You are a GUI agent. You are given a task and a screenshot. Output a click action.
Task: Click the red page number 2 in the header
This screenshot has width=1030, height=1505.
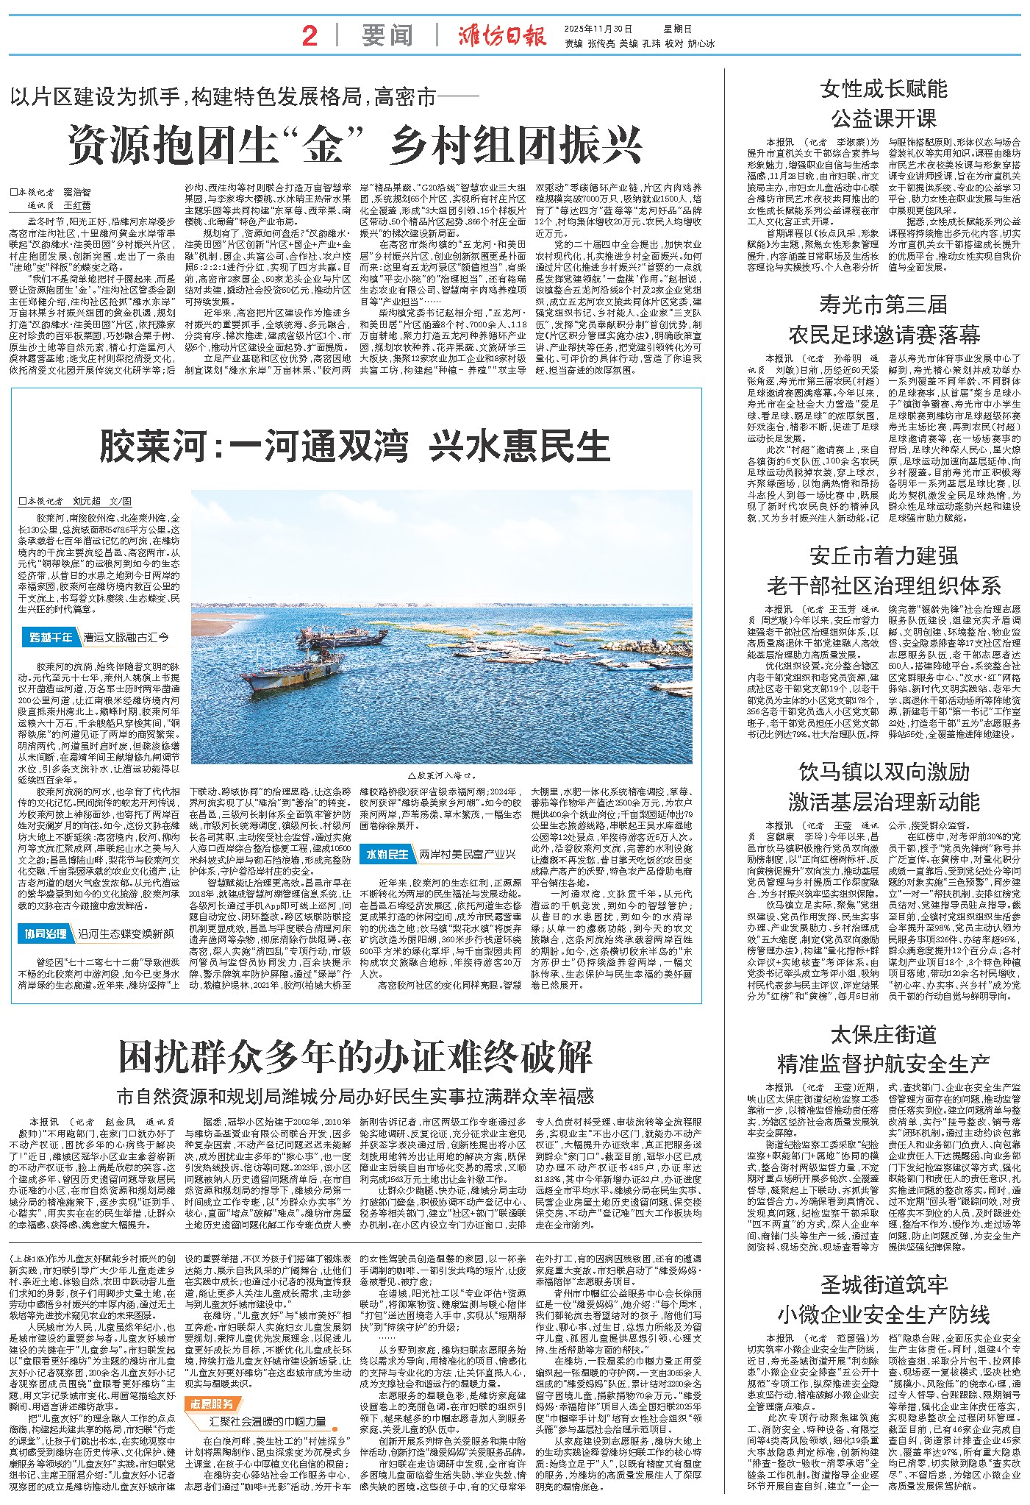[x=310, y=35]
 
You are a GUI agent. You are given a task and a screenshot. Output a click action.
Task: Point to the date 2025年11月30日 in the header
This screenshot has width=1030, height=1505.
[x=607, y=29]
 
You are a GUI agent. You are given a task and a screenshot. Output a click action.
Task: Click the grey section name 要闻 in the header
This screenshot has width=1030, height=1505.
[x=387, y=35]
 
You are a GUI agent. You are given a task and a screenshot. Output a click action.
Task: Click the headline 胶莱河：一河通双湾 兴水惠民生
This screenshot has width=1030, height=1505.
[x=355, y=444]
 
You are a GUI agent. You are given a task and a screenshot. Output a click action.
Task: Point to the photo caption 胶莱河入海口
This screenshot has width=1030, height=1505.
[x=441, y=775]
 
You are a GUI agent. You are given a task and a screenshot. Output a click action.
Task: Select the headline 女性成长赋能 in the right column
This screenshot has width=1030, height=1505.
[x=884, y=90]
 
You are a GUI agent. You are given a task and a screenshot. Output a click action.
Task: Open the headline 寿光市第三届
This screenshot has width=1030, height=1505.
[x=884, y=305]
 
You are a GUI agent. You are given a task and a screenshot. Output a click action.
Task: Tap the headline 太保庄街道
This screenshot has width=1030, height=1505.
[x=884, y=1034]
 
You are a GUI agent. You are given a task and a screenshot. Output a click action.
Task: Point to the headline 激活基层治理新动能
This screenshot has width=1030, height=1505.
[x=884, y=801]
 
